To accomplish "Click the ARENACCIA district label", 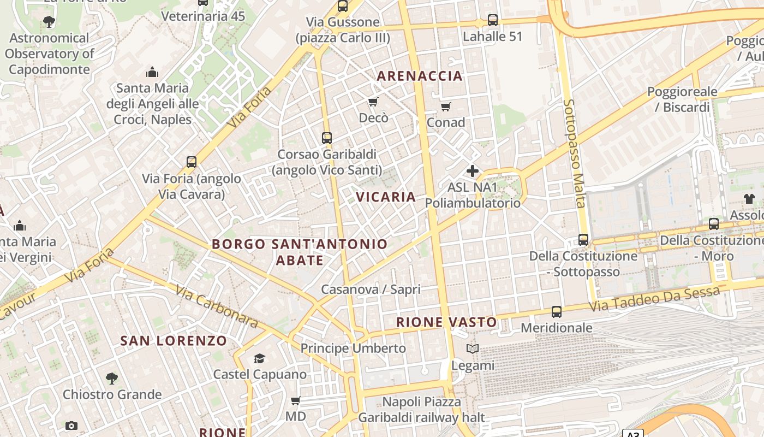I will point(420,76).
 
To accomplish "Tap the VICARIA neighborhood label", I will point(386,197).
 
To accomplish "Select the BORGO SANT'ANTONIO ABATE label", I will point(300,252).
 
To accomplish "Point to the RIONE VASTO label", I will point(446,322).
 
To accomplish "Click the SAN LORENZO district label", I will point(174,341).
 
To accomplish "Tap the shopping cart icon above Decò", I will point(373,102).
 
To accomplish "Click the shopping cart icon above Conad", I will point(446,107).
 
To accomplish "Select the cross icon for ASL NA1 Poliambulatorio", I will point(473,170).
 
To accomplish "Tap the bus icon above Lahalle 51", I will point(493,20).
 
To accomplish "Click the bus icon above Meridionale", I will point(557,312).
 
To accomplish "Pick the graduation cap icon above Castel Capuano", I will point(259,358).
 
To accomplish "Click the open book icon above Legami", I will point(473,349).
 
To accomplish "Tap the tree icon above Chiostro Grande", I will point(112,378).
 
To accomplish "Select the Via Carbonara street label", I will point(217,306).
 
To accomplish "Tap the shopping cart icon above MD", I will point(296,401).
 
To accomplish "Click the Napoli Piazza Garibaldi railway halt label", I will point(421,410).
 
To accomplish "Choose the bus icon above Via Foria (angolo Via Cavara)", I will point(192,162).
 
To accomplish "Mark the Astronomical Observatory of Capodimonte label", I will point(49,54).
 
